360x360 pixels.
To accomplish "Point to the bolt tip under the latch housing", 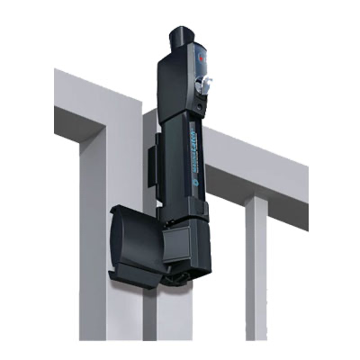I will pos(181,280).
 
